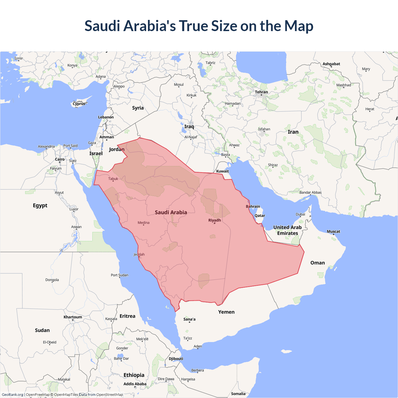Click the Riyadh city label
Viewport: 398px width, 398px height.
(x=215, y=220)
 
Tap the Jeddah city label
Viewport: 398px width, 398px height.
(x=139, y=254)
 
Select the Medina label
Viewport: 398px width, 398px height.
(x=143, y=223)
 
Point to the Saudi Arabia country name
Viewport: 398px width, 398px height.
(x=171, y=212)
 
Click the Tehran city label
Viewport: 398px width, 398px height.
(x=261, y=92)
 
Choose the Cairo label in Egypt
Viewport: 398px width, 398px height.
(x=60, y=159)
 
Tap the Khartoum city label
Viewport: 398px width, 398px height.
(x=73, y=317)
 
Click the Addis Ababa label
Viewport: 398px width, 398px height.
(x=135, y=384)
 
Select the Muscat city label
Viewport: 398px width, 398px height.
(x=333, y=231)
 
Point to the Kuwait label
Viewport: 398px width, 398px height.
(x=222, y=171)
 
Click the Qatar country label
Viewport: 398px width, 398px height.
(x=260, y=215)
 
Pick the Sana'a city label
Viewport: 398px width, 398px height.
(x=189, y=319)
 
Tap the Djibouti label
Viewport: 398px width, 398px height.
(x=176, y=359)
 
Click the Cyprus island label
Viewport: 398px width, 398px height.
(x=79, y=104)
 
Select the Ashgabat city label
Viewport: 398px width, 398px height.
(x=331, y=64)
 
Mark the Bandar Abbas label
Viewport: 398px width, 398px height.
(x=310, y=192)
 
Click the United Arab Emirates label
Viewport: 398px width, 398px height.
(x=287, y=230)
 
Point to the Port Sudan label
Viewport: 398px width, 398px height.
(x=119, y=275)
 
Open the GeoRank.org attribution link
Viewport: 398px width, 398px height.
(x=12, y=395)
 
